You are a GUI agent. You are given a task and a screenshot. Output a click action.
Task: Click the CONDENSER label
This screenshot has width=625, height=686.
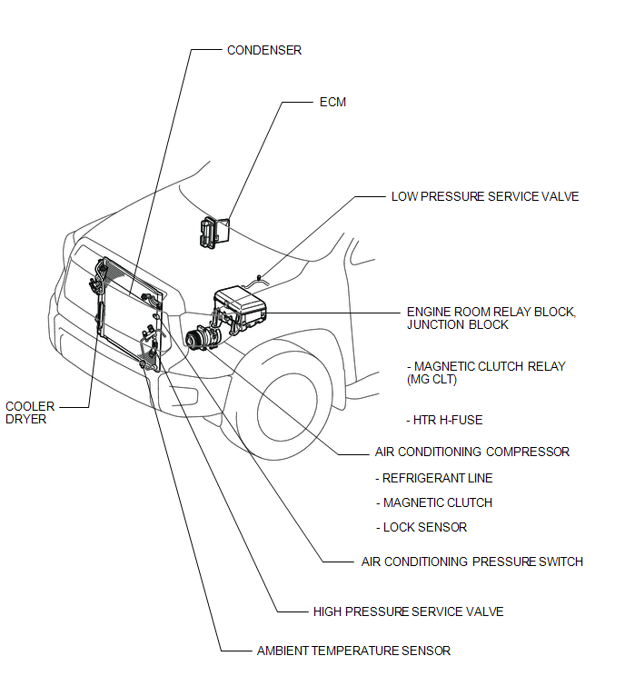(263, 50)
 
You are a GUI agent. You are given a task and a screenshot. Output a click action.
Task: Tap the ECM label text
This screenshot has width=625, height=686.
(333, 103)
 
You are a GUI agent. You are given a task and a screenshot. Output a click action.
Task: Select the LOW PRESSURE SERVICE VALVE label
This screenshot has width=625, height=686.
(484, 196)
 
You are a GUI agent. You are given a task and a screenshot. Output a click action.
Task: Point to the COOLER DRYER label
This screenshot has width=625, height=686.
(30, 413)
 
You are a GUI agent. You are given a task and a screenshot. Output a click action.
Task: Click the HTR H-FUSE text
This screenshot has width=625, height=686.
(446, 420)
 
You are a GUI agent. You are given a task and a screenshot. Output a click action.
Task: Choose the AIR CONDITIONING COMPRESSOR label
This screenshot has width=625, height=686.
(471, 452)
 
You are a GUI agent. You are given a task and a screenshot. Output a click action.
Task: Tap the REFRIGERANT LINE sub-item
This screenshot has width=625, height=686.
(437, 478)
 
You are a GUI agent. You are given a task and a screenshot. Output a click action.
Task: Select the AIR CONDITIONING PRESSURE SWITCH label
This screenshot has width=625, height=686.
(471, 562)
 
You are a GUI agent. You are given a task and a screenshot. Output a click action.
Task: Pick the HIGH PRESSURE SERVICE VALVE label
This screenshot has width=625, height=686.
(408, 611)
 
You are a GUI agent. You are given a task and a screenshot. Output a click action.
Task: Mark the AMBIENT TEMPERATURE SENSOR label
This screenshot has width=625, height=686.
(353, 651)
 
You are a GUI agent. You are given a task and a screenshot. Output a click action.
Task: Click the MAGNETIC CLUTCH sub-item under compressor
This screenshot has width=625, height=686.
(437, 502)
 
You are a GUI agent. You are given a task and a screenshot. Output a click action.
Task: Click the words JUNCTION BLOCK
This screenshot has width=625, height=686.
(458, 324)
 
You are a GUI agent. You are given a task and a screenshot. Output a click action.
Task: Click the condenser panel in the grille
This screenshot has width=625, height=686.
(127, 309)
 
